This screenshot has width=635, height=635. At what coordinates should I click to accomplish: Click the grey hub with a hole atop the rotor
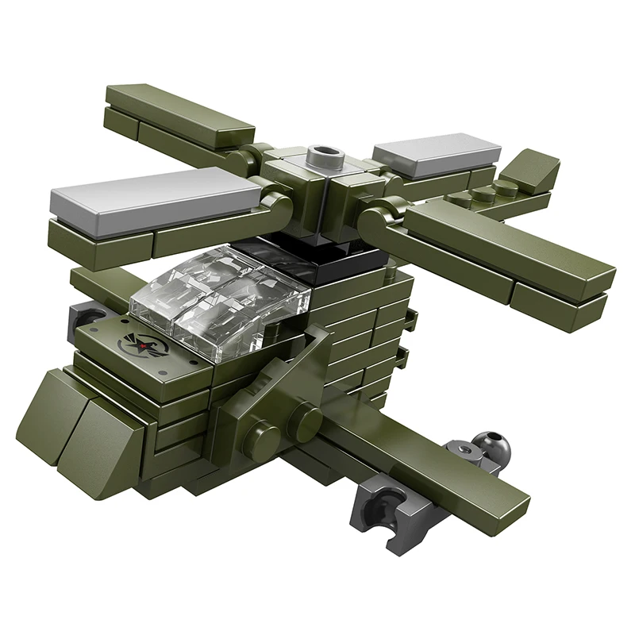[x=326, y=152]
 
